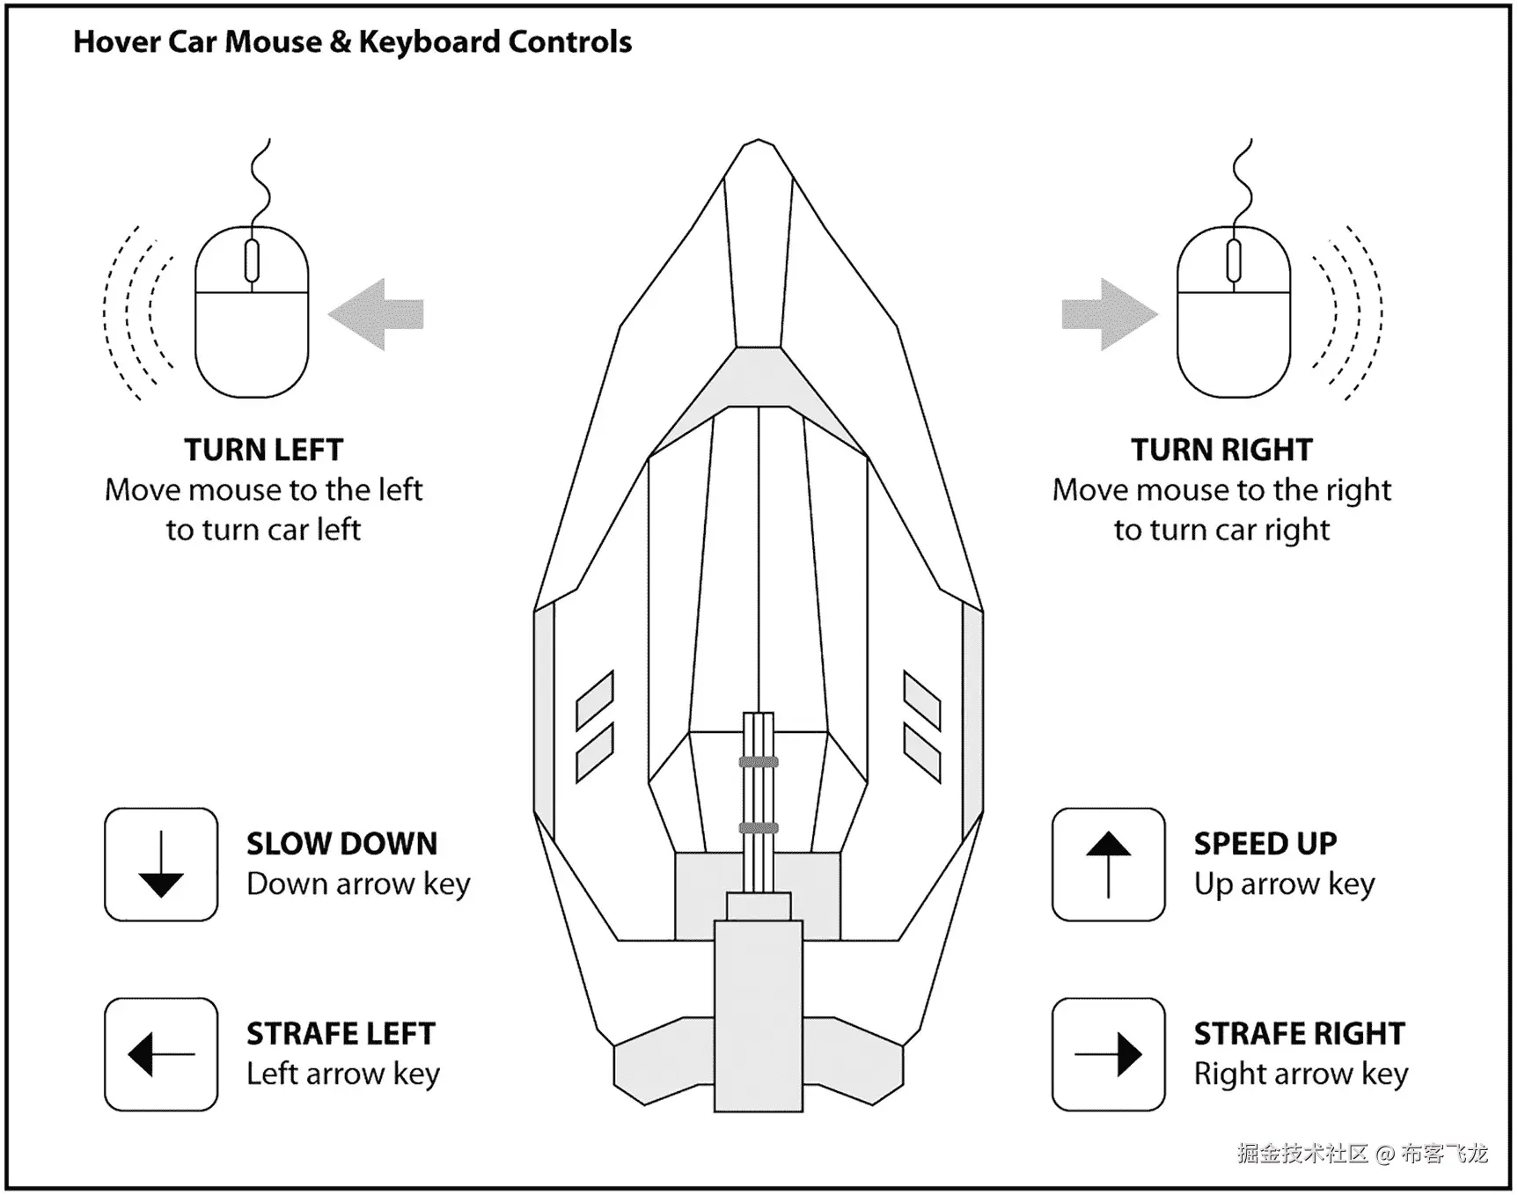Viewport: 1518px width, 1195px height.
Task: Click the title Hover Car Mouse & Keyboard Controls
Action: (352, 42)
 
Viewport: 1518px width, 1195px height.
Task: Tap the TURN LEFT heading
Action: (263, 450)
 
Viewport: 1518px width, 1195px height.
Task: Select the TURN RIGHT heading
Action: (1221, 450)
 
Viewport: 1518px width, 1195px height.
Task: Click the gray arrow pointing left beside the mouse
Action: (377, 314)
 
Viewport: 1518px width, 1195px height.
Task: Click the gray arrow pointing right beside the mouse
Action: (1109, 314)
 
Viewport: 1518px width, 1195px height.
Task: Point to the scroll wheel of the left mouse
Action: (252, 260)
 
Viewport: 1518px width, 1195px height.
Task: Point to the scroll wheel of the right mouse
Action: (1234, 260)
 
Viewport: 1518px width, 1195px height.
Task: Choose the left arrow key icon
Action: (161, 1054)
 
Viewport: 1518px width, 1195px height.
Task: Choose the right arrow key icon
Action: (1109, 1054)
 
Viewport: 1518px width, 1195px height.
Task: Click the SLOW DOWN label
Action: (341, 844)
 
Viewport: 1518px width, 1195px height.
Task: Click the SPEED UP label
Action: (1265, 844)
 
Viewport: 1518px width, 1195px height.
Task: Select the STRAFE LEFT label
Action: (341, 1034)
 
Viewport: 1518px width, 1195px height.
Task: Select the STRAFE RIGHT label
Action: (1299, 1034)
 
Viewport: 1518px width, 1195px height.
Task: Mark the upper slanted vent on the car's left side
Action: (595, 700)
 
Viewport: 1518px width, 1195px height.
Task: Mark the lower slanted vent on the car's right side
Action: (922, 753)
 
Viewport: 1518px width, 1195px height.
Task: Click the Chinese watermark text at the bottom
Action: (1361, 1154)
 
